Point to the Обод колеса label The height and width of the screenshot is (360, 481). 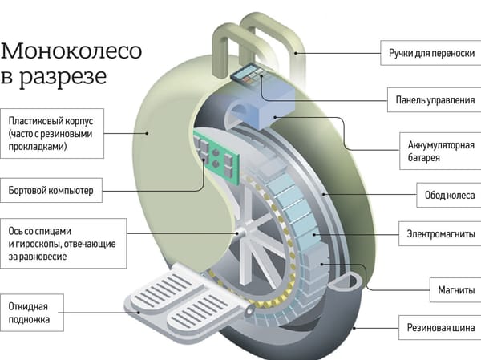click(444, 194)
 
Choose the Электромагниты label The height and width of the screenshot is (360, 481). click(437, 237)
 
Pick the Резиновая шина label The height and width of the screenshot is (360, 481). click(437, 327)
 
